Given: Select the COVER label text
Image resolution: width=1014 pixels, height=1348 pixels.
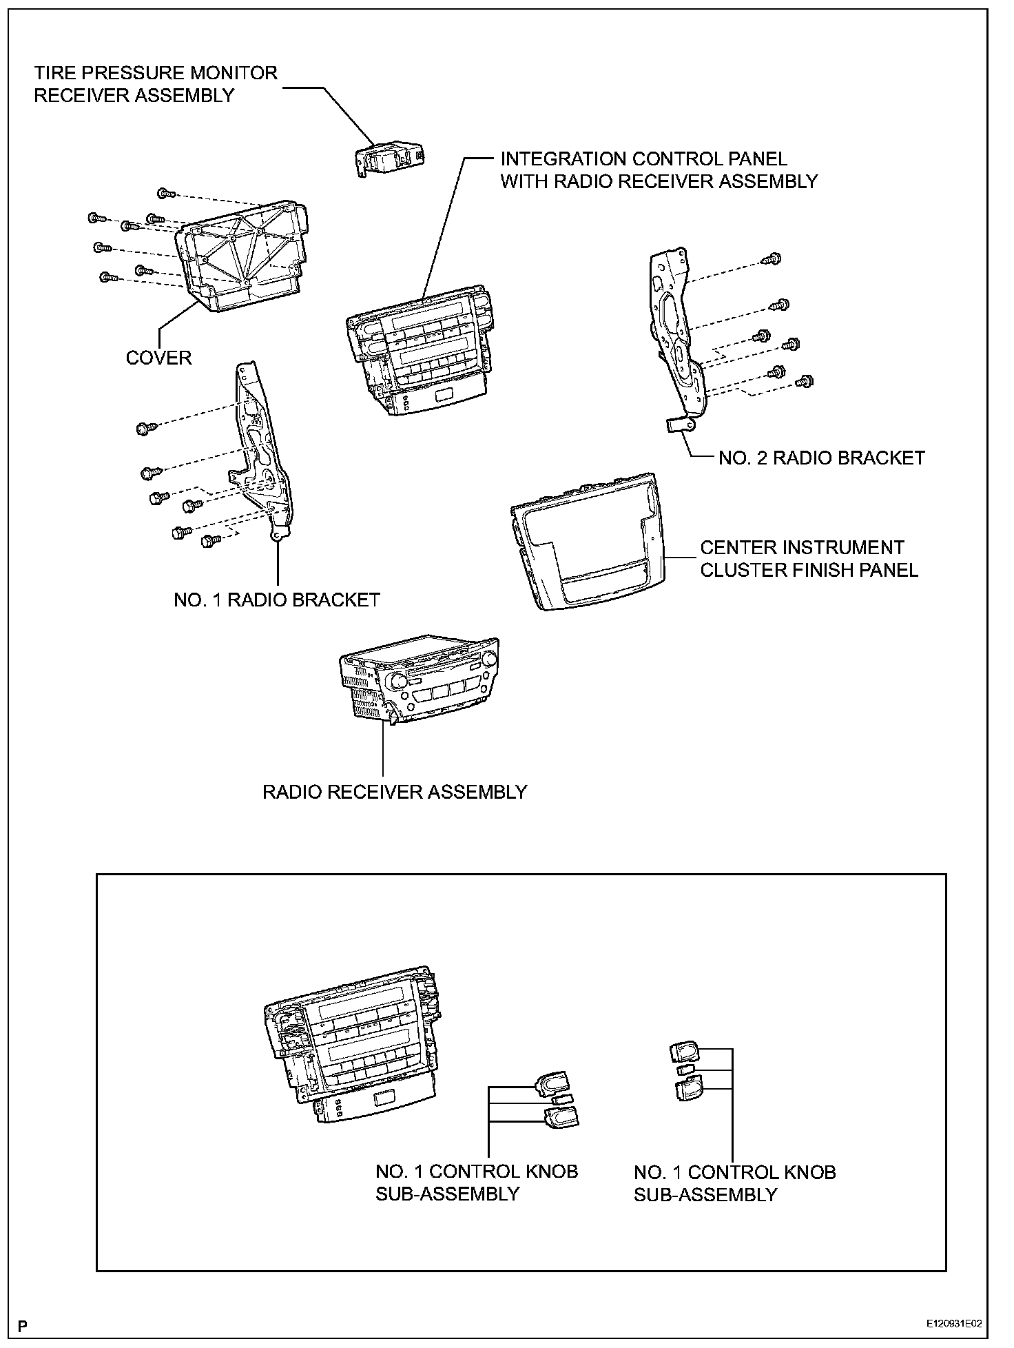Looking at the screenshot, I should pyautogui.click(x=158, y=358).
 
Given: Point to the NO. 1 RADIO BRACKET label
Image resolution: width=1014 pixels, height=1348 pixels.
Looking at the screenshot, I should pyautogui.click(x=276, y=600).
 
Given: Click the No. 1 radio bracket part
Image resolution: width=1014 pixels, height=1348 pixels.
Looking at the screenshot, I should pyautogui.click(x=265, y=455).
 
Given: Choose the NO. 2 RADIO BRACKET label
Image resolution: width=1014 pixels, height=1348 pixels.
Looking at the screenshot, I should pyautogui.click(x=821, y=458).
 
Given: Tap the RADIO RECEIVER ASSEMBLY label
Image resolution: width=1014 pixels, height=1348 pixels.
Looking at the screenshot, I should pyautogui.click(x=394, y=792).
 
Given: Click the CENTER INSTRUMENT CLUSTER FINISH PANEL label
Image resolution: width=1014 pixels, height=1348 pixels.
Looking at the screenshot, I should pyautogui.click(x=809, y=559).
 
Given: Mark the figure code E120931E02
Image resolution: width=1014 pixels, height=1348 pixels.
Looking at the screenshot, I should pyautogui.click(x=953, y=1325).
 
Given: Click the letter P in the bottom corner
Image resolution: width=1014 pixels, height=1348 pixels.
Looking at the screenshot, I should pyautogui.click(x=23, y=1325).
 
